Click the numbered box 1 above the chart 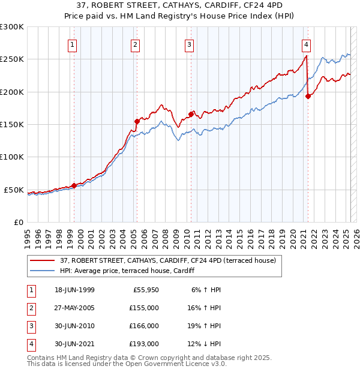tap(72, 44)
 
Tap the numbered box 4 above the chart tap(306, 44)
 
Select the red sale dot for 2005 tap(137, 121)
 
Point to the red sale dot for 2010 tap(191, 114)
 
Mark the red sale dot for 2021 tap(308, 96)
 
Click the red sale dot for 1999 tap(74, 185)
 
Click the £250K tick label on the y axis tap(12, 59)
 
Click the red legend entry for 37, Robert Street tap(167, 260)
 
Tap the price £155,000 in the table tap(144, 308)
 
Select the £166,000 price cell tap(144, 326)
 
